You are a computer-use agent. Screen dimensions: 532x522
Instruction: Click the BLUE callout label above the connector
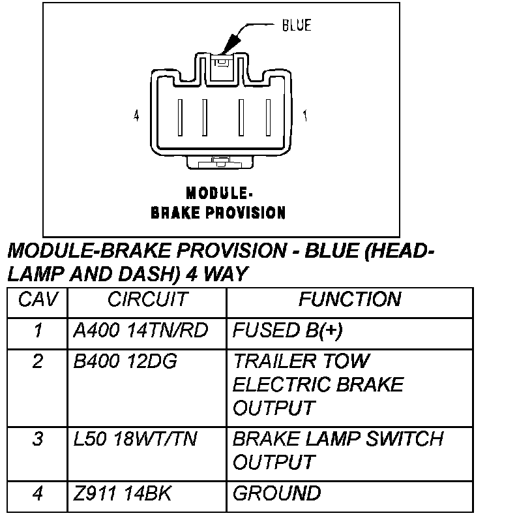[x=296, y=26]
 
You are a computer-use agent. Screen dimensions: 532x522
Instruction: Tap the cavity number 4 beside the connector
[x=136, y=116]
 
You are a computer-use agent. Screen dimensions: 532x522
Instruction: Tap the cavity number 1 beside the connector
[x=305, y=116]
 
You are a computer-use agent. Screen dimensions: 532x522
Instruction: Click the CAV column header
[x=38, y=300]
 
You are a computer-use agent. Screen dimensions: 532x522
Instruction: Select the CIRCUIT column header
[x=147, y=300]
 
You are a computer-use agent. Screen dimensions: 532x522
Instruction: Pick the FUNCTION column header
[x=349, y=300]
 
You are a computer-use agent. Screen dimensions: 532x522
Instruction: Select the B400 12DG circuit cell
[x=125, y=361]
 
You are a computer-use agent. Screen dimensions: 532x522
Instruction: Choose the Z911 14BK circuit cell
[x=123, y=494]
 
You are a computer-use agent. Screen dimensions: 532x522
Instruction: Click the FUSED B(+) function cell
[x=288, y=331]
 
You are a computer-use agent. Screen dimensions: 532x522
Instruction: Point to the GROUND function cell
[x=276, y=494]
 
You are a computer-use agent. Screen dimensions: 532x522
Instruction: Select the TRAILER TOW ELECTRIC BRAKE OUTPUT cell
[x=318, y=385]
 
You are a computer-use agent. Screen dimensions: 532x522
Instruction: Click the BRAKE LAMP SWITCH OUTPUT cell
[x=338, y=450]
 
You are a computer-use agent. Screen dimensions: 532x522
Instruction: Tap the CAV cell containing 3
[x=38, y=439]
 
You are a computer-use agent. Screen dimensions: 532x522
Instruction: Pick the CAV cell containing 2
[x=38, y=361]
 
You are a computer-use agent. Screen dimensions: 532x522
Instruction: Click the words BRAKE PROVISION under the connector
[x=218, y=213]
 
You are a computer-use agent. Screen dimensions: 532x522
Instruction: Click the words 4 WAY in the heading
[x=216, y=273]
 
